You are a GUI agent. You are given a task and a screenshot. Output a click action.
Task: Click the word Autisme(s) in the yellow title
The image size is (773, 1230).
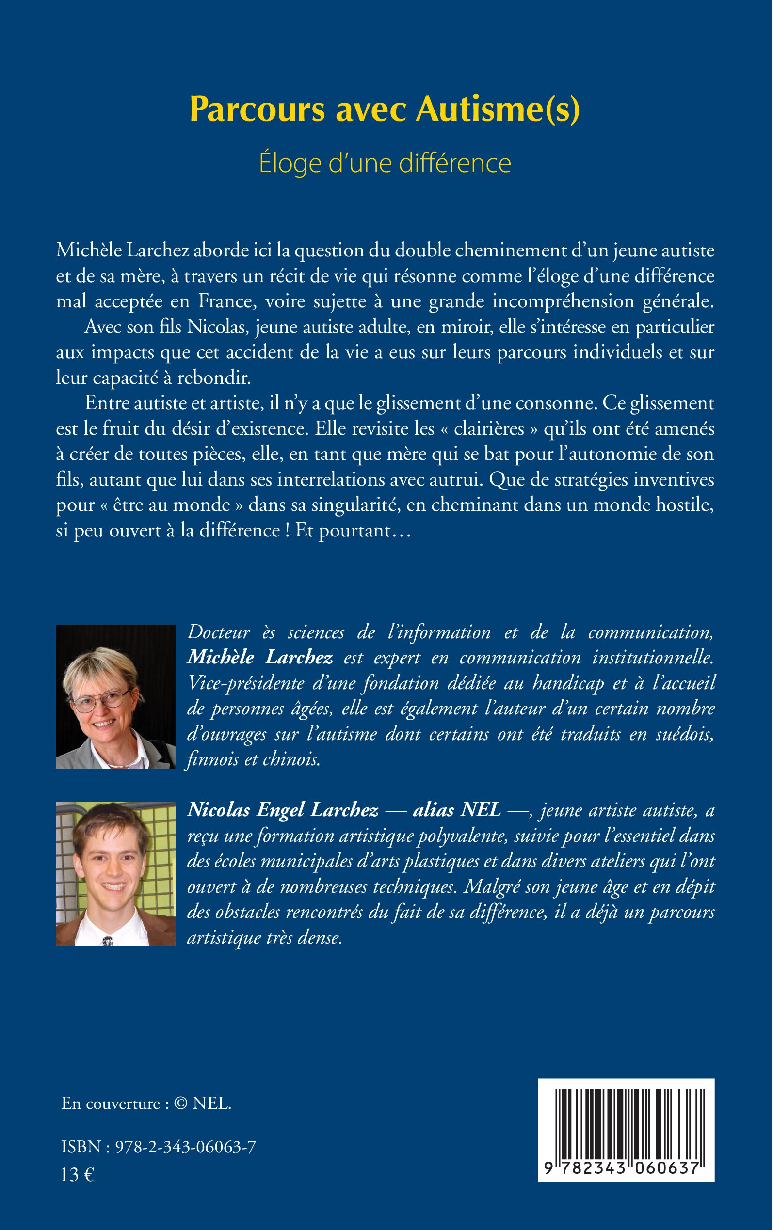498,110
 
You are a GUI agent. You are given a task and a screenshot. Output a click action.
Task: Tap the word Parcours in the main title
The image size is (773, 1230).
257,110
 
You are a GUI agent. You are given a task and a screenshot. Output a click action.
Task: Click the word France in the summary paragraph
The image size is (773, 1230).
227,302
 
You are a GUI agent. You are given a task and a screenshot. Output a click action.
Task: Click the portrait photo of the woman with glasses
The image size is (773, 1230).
115,696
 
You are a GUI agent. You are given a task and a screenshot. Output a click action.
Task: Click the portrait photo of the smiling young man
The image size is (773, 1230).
115,873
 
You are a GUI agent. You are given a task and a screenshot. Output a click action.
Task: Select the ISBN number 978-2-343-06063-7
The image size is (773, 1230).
185,1148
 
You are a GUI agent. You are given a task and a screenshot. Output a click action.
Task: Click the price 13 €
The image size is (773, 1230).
78,1175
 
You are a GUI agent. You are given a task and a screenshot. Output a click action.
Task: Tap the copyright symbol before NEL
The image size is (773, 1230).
180,1104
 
